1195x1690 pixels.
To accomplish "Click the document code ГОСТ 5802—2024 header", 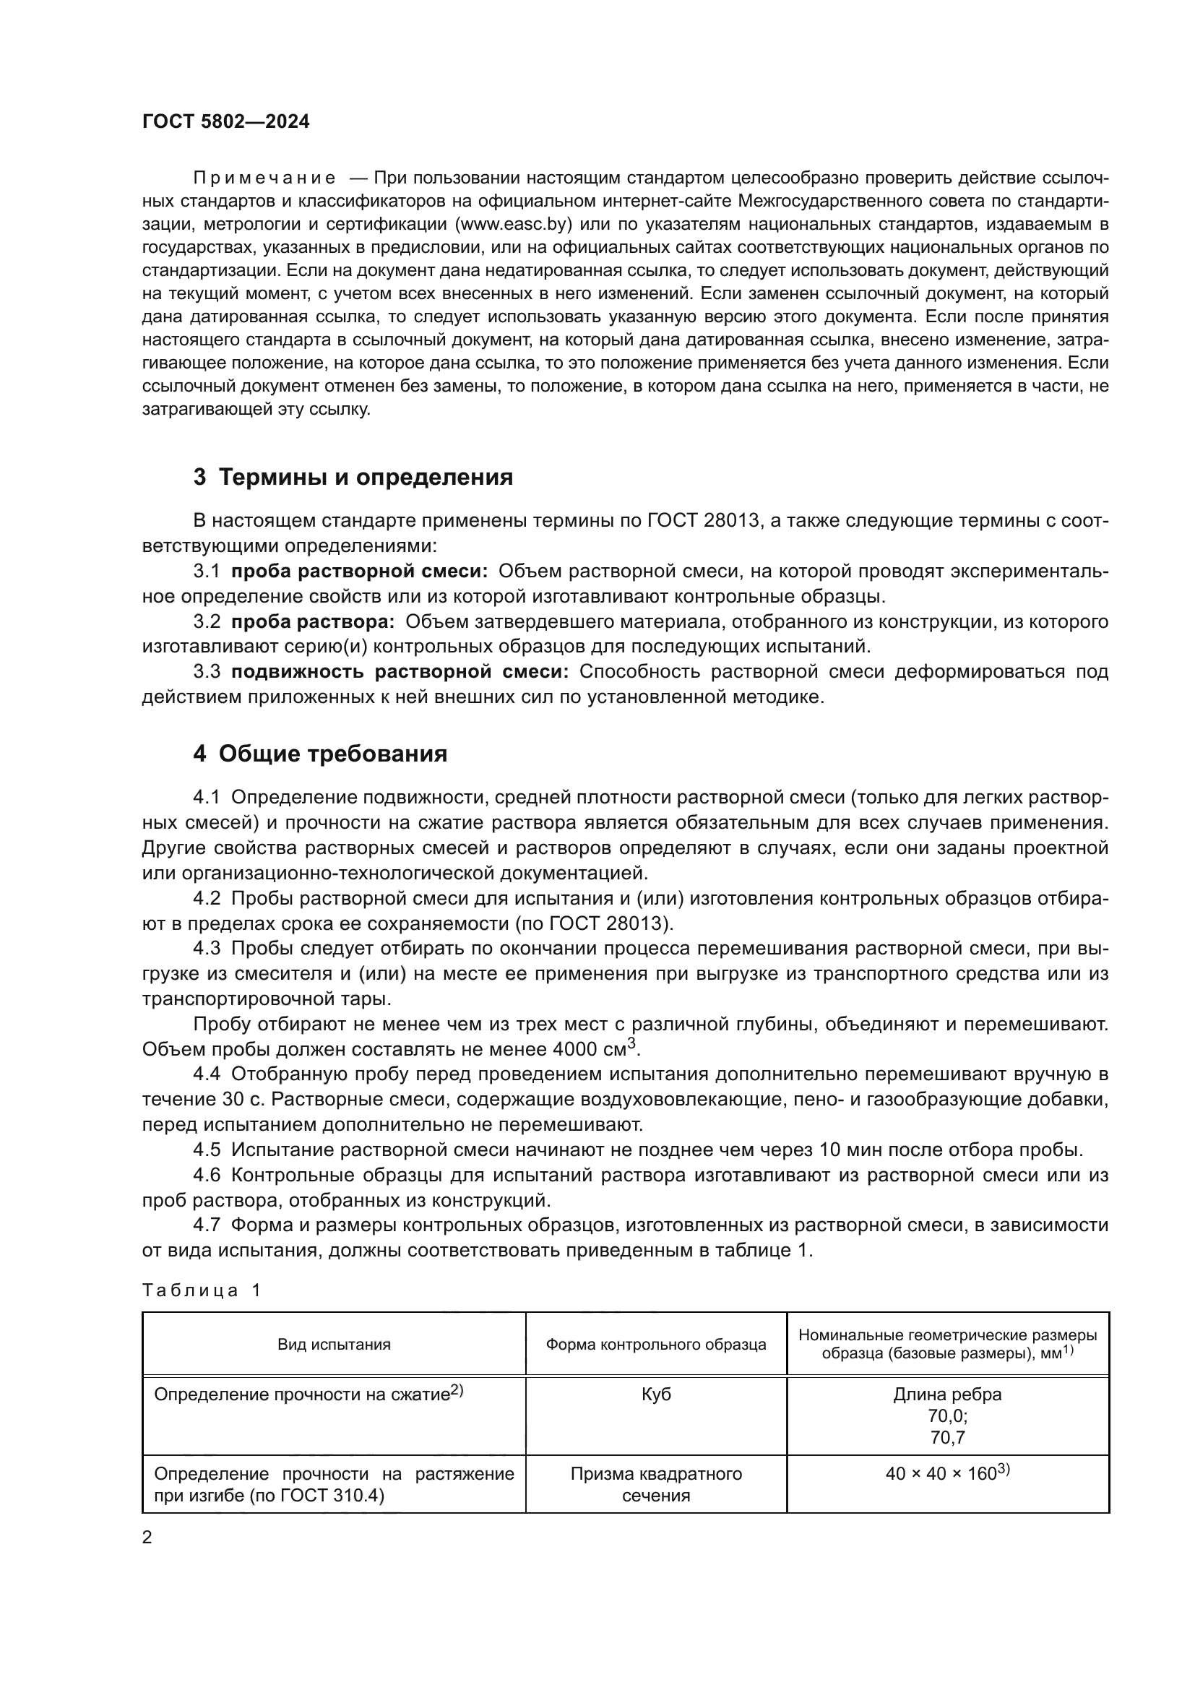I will [x=226, y=122].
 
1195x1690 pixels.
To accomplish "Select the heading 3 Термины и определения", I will [x=353, y=478].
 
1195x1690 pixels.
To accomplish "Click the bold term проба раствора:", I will [x=313, y=622].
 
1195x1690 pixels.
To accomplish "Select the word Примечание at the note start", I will [x=264, y=178].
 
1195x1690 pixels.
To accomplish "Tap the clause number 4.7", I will [x=207, y=1225].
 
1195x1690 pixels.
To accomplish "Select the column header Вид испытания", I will [x=334, y=1345].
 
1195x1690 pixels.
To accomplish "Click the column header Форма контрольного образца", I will [x=655, y=1345].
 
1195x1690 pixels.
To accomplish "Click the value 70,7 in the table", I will [x=947, y=1438].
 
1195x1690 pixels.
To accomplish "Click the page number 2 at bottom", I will [x=147, y=1538].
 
